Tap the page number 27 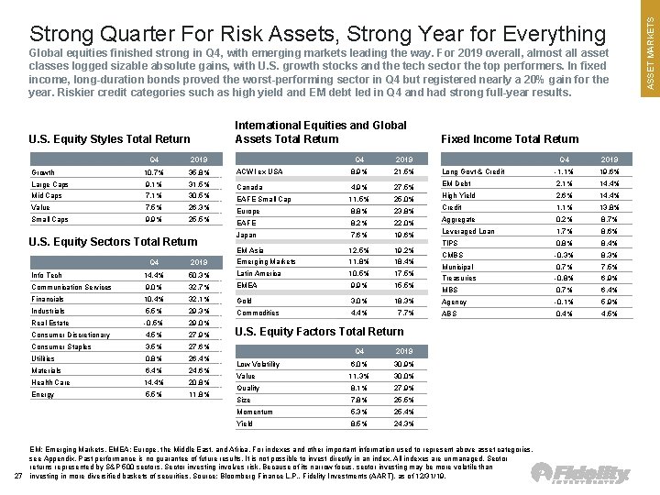point(18,474)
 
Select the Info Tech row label point(48,274)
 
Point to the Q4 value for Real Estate point(153,323)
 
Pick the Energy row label point(44,394)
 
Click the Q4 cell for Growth point(153,172)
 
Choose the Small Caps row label point(49,219)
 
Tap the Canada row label point(249,188)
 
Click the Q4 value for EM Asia point(358,250)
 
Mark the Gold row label point(244,301)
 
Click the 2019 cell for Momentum point(402,412)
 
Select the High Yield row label point(458,195)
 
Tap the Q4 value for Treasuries point(564,278)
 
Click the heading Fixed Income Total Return point(510,139)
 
